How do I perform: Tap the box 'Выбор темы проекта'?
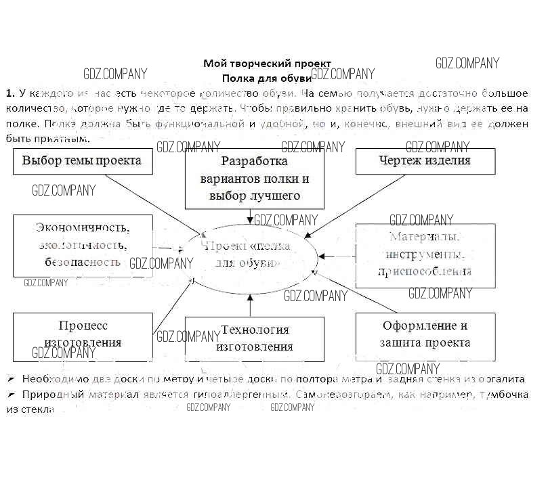82,161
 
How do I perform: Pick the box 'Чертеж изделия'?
425,161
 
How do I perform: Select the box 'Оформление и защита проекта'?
425,334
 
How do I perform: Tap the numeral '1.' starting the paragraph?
10,93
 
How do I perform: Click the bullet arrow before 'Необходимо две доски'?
12,380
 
